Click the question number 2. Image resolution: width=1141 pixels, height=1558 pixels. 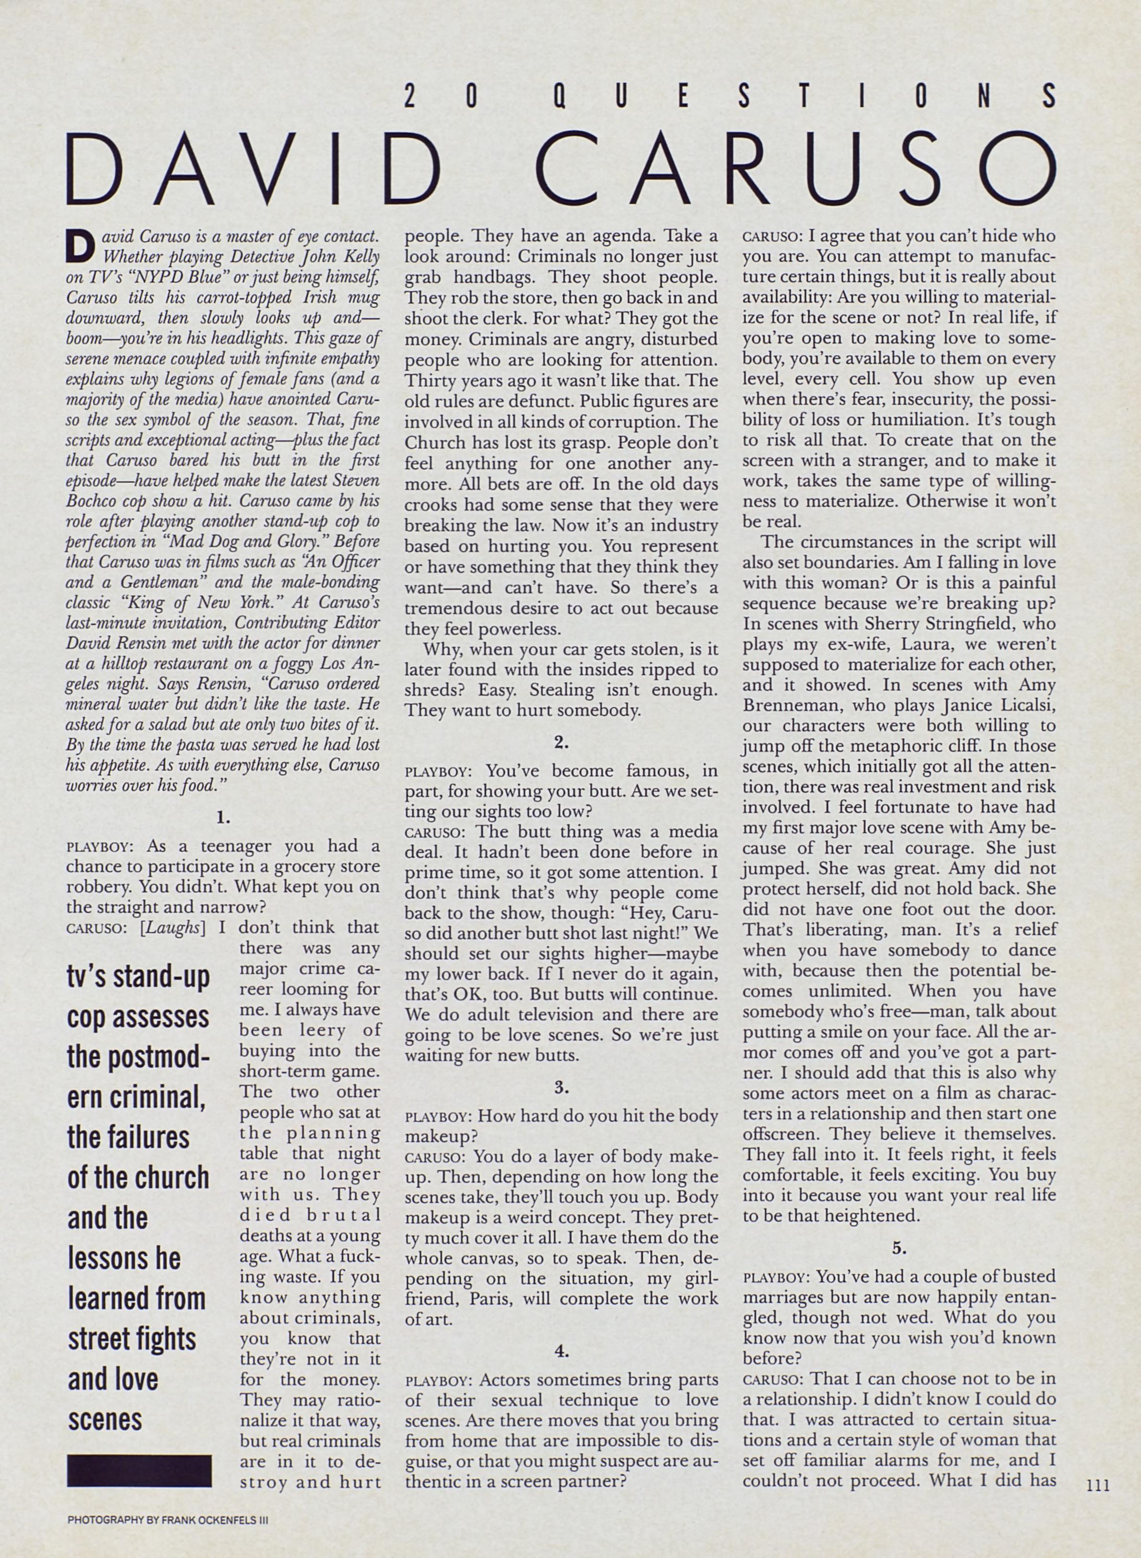pos(561,743)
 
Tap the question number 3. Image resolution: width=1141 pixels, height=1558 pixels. pos(561,1088)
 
